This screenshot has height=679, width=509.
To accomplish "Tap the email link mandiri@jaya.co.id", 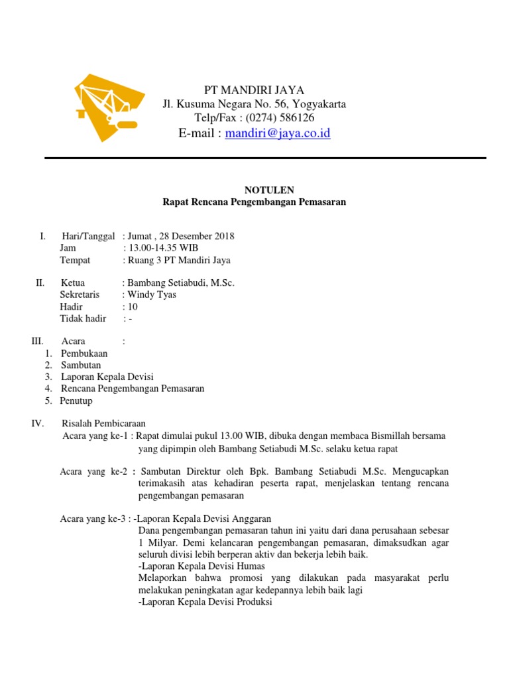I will click(278, 133).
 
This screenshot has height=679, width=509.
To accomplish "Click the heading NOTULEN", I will click(254, 190).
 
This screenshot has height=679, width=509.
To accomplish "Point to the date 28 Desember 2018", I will click(198, 236).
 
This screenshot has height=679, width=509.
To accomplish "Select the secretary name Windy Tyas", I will click(152, 294).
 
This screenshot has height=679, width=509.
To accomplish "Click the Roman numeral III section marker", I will click(36, 341).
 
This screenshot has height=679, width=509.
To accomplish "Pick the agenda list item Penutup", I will click(76, 401).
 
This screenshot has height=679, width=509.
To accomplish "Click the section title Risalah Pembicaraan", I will click(103, 423).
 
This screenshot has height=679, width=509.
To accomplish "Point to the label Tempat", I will click(75, 260).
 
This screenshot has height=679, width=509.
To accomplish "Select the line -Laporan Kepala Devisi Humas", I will click(202, 566).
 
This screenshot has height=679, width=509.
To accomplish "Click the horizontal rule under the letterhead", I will click(265, 158).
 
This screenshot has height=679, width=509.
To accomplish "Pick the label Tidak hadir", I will click(83, 318).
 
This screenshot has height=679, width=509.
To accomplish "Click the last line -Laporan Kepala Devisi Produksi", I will click(205, 602).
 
